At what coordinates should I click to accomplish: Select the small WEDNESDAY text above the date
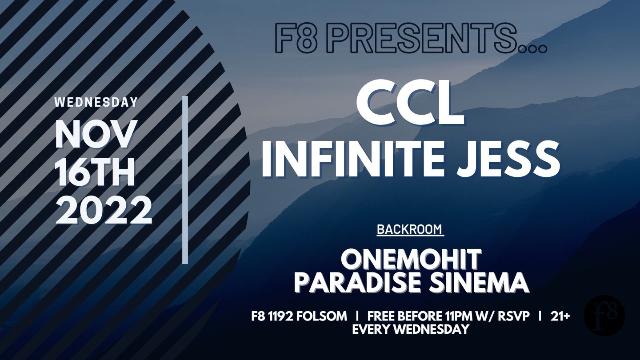[96, 102]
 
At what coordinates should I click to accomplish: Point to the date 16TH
[96, 173]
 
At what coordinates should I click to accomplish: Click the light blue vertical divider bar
[185, 180]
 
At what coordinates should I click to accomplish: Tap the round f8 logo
[604, 316]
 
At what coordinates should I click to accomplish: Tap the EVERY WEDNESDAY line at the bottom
[411, 329]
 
